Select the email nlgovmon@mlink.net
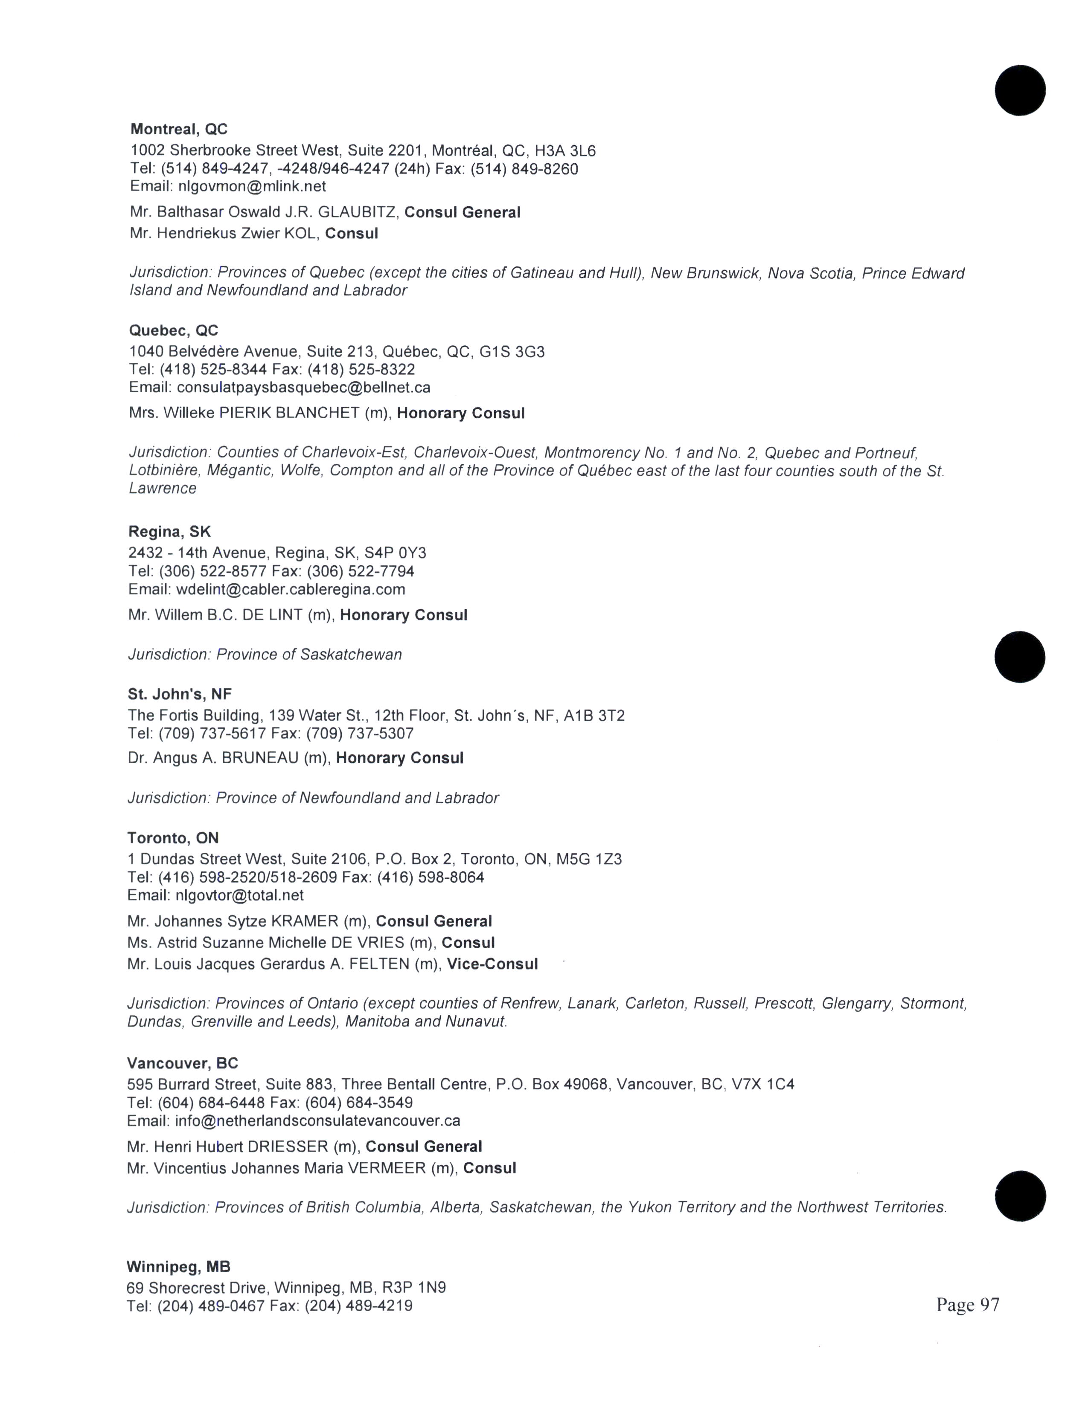[x=251, y=187]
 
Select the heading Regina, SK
[x=169, y=532]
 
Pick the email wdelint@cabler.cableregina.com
[x=290, y=590]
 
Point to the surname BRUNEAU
[x=260, y=758]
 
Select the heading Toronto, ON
[x=173, y=838]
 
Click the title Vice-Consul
[x=492, y=964]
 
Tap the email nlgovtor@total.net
[x=239, y=895]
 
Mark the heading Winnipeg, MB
[x=178, y=1267]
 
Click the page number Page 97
[x=968, y=1305]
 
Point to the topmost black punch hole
[x=1020, y=90]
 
